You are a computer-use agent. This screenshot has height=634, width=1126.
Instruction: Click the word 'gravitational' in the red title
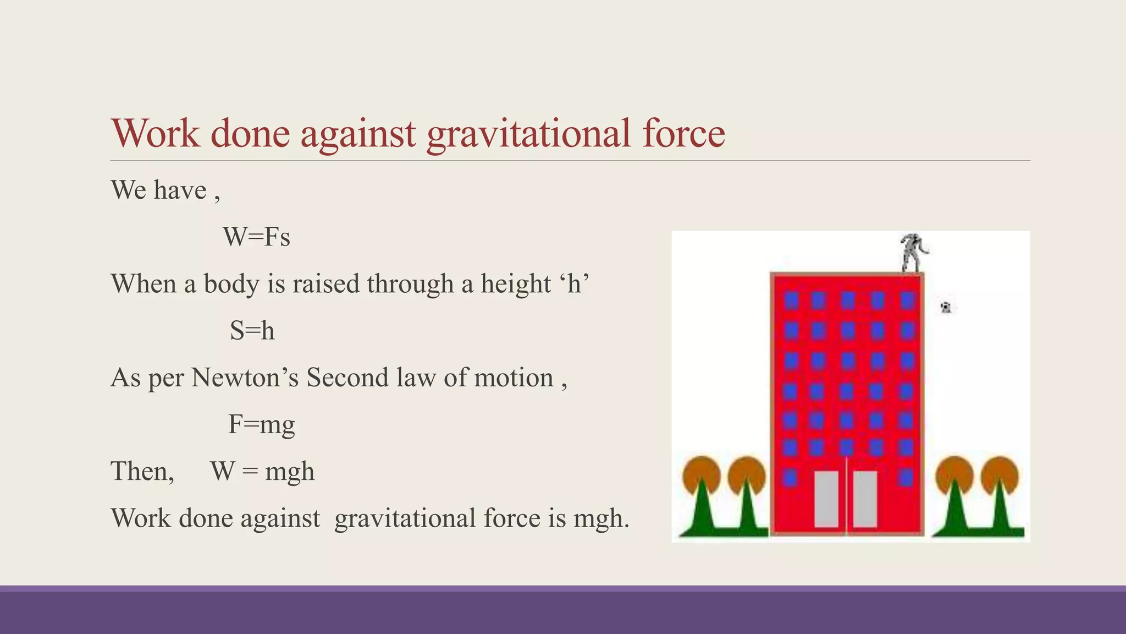tap(528, 134)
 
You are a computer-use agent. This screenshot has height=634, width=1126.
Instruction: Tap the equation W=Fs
tap(256, 237)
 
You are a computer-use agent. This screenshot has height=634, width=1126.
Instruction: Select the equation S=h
tap(252, 331)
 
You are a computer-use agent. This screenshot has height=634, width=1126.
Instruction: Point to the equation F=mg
tap(261, 424)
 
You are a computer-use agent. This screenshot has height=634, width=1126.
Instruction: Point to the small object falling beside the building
tap(946, 307)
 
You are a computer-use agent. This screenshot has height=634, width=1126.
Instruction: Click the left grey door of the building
tap(826, 499)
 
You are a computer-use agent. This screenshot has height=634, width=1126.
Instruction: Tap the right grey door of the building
tap(865, 499)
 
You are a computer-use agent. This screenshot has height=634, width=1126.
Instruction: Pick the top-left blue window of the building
tap(791, 300)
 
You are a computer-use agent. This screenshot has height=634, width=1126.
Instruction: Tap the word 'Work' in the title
tap(156, 134)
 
